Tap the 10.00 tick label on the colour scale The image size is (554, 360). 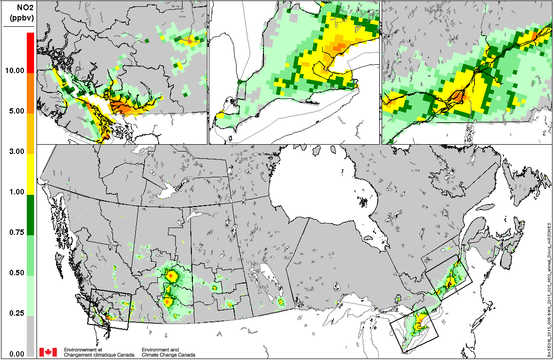tap(15, 71)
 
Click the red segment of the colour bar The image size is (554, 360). tap(30, 53)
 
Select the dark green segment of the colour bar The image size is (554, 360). tap(30, 215)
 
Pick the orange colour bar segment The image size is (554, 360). tap(30, 93)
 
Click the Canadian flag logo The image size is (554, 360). tap(48, 352)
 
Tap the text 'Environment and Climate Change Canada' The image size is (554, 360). tap(168, 352)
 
